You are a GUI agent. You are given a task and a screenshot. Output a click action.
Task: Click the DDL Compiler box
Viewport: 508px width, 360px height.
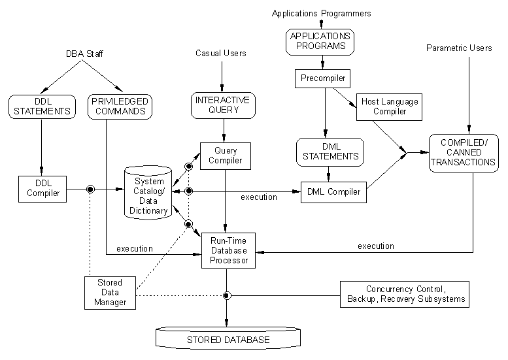[42, 188]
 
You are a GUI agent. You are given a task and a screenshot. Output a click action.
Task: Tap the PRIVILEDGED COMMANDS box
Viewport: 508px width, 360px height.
[119, 106]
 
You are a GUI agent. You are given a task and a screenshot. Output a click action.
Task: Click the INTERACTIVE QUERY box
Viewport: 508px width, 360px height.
[222, 106]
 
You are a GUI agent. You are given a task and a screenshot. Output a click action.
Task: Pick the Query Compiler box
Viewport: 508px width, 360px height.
[226, 155]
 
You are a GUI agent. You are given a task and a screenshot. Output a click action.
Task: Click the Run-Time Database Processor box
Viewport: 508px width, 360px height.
[228, 250]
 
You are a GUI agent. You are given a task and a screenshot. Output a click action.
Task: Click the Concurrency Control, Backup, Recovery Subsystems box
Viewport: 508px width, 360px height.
[405, 294]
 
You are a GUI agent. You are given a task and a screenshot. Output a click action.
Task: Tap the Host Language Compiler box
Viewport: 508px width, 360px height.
[387, 106]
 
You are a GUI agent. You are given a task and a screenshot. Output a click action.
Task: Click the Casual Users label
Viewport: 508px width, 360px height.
[221, 53]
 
